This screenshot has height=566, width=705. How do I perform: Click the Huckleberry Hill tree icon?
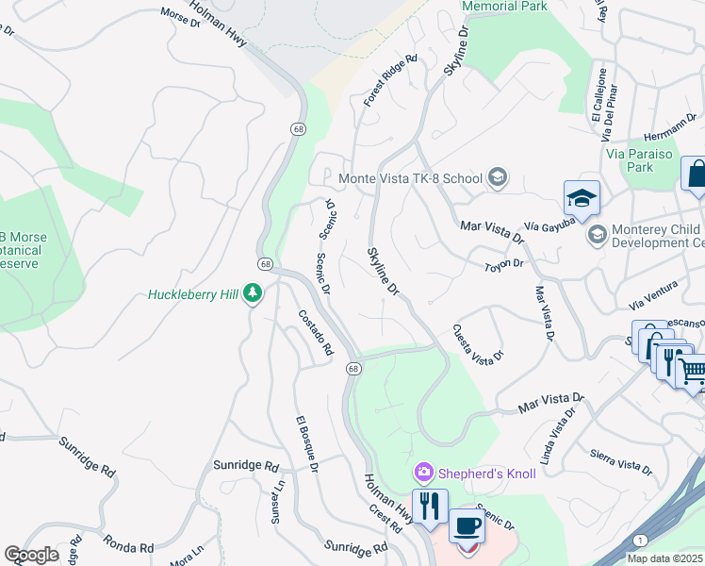click(x=252, y=293)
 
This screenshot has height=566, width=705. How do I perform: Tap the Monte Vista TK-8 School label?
click(x=410, y=177)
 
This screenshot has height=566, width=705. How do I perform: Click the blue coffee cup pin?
click(x=465, y=526)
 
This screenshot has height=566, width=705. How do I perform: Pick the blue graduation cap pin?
click(x=582, y=198)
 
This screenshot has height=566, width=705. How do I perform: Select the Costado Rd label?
click(x=316, y=332)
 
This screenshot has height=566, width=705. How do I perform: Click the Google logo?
click(x=31, y=555)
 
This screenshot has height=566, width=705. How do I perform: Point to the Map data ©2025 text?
click(x=664, y=558)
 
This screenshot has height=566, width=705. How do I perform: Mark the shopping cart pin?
click(x=693, y=371)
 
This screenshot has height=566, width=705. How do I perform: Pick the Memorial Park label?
click(x=504, y=6)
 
